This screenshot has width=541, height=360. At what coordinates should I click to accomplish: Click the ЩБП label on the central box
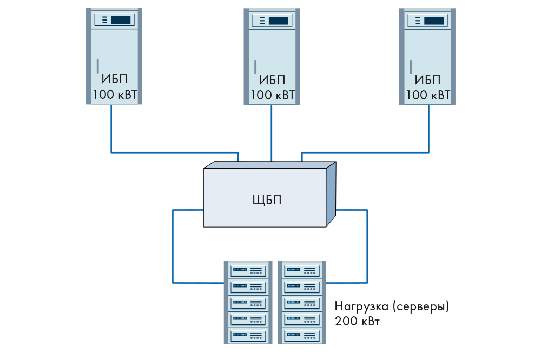point(267,200)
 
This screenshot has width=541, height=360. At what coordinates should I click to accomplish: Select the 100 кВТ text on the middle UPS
point(272,96)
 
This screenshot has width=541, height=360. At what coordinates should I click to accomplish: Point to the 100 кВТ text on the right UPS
point(428,96)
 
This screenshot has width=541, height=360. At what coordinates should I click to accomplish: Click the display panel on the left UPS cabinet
point(114,21)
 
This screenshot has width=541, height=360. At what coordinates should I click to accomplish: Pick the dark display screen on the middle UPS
point(278,21)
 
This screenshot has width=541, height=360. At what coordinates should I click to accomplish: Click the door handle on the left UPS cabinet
point(97,66)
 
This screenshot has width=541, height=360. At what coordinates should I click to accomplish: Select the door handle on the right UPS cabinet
point(411,66)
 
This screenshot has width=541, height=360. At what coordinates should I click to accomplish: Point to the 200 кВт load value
point(358,322)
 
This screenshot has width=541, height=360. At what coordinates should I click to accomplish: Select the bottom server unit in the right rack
point(302,335)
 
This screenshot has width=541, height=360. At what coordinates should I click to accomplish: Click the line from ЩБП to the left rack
point(173,249)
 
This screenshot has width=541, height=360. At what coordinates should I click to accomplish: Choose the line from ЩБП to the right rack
point(367,249)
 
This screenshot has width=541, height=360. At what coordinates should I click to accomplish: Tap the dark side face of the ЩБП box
point(331,195)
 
